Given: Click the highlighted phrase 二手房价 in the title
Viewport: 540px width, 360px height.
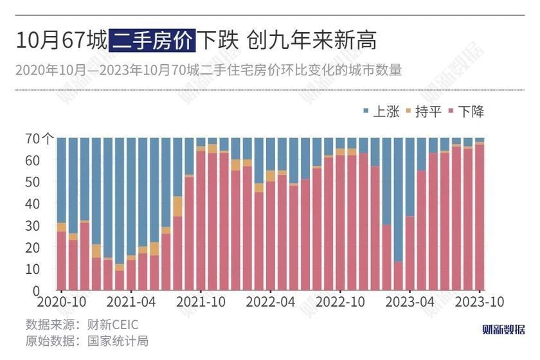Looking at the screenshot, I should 151,41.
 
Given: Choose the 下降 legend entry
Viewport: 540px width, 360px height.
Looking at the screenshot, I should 465,111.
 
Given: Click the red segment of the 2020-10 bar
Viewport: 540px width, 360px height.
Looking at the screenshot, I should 62,260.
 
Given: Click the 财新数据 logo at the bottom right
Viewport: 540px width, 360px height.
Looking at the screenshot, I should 503,330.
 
